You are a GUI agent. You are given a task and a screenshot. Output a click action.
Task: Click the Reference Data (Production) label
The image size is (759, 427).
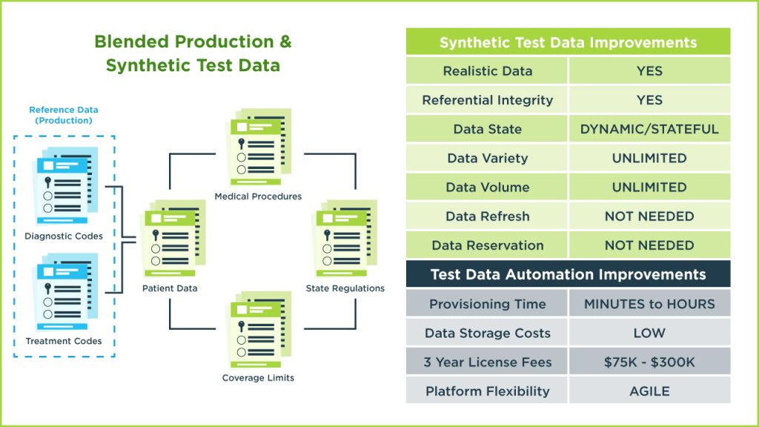(x=64, y=115)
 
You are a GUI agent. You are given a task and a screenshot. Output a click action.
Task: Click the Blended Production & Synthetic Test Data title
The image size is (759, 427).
(x=193, y=53)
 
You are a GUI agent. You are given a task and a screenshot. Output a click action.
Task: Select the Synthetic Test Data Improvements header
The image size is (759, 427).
(x=568, y=42)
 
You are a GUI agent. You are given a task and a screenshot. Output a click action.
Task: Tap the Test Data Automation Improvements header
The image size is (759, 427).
(x=568, y=274)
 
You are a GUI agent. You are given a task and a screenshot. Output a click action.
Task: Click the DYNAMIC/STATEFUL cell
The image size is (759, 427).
(x=649, y=129)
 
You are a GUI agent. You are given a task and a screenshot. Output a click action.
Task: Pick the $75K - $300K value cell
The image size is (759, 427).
(x=649, y=363)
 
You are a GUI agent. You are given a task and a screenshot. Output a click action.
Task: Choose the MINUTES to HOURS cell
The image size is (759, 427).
(x=649, y=304)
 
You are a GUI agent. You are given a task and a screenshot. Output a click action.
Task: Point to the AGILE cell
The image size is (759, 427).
(x=649, y=391)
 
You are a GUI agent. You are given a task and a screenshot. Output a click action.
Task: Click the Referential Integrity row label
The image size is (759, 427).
(x=488, y=100)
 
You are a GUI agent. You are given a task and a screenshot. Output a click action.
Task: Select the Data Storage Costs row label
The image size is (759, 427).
(x=488, y=334)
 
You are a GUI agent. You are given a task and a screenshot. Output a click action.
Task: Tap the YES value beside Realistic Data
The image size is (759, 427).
(x=649, y=71)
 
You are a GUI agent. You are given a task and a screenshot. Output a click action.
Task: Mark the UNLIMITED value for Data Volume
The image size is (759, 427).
(x=649, y=188)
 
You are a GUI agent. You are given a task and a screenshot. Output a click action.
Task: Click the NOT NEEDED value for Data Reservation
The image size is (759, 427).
(x=649, y=245)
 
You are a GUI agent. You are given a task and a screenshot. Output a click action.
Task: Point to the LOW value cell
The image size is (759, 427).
(x=649, y=334)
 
